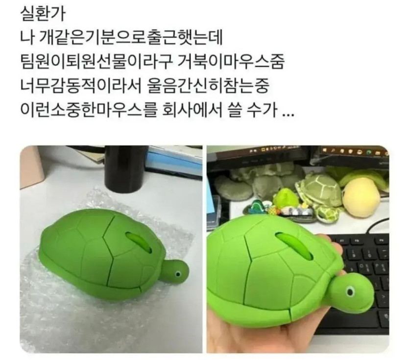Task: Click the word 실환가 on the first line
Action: [x=42, y=14]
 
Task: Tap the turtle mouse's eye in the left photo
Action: [x=178, y=274]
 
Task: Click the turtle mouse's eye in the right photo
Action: [x=350, y=291]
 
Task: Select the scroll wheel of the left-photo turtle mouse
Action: [x=139, y=242]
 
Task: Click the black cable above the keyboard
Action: [x=378, y=226]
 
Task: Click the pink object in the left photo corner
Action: [x=29, y=167]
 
